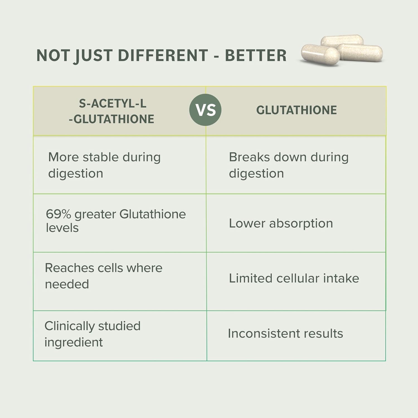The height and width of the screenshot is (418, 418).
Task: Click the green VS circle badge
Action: point(205,110)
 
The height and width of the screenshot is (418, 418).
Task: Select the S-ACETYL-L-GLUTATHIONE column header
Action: point(111,111)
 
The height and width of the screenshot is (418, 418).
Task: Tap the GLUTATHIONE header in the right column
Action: point(297,110)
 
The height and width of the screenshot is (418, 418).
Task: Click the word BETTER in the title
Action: point(256,55)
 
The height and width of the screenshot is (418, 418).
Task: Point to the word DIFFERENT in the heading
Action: point(163,55)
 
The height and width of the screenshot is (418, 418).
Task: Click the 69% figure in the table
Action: point(58,214)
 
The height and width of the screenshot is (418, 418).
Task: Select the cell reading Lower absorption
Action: point(281,223)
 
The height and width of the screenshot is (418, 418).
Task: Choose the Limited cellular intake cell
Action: point(294,278)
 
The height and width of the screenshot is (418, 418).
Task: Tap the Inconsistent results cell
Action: point(285,333)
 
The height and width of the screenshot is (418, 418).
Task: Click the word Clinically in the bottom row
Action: point(69,326)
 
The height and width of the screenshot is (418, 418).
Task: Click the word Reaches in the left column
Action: point(69,268)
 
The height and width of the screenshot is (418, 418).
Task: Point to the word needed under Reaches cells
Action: point(67,284)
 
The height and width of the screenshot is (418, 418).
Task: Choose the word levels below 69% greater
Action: point(62,228)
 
